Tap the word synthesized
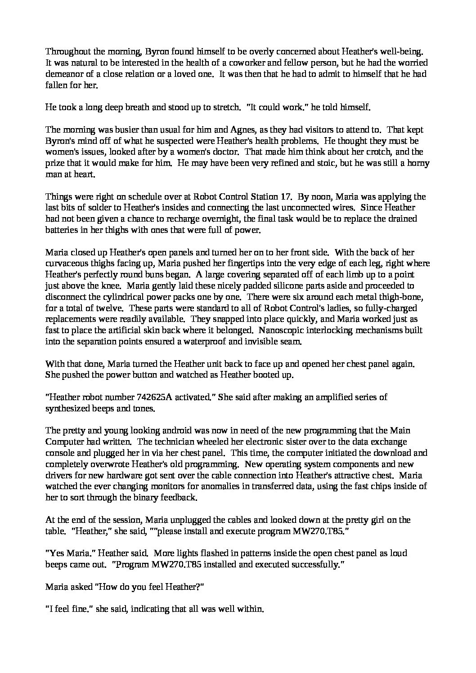67,409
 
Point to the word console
60,453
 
